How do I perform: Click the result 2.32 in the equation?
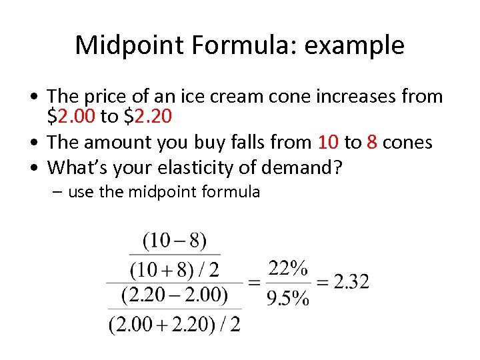click(x=351, y=281)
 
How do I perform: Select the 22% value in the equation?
click(x=288, y=269)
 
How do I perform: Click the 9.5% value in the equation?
click(x=288, y=297)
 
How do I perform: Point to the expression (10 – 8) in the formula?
click(x=174, y=240)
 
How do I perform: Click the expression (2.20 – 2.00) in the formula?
click(x=174, y=294)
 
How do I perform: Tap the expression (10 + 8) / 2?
click(x=174, y=270)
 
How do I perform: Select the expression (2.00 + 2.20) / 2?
click(x=174, y=325)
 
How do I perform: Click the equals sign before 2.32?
click(x=322, y=282)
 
